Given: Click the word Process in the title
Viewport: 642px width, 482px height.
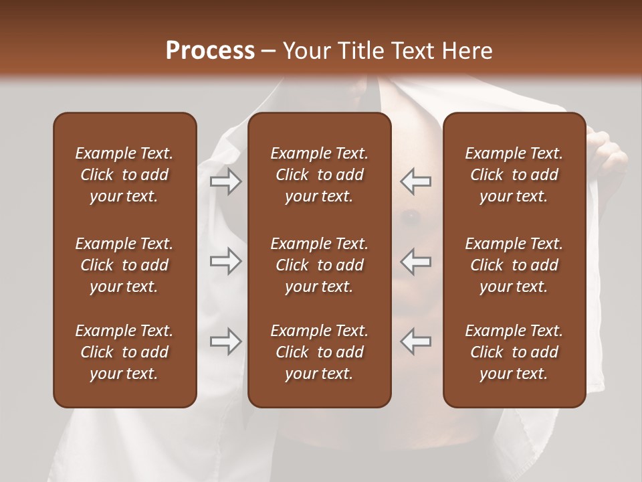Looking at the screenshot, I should [210, 51].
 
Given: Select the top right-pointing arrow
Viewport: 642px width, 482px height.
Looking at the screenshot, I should [225, 181].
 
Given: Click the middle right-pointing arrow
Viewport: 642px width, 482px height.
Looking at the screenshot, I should [225, 261].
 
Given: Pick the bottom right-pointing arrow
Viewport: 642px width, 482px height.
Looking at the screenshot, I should [225, 341].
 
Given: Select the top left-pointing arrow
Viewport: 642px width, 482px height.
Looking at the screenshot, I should [416, 181].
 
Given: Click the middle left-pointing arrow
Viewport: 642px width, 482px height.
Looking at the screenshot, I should [416, 261].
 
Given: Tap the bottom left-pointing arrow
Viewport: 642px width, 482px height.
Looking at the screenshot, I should [416, 341].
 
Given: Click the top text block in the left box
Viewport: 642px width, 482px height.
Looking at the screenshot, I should [124, 175].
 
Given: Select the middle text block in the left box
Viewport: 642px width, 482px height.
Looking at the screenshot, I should [124, 265].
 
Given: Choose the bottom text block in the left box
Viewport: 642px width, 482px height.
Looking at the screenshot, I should [124, 352].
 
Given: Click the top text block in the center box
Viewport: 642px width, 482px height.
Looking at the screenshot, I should [320, 175].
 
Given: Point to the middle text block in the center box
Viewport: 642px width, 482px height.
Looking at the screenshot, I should [320, 265].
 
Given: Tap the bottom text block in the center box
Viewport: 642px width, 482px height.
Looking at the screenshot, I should [320, 352].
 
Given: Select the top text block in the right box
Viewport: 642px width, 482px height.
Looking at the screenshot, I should [514, 175].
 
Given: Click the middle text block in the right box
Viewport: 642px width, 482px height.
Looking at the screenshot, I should [514, 265].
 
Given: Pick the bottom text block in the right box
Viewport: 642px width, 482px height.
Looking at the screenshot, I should [514, 352].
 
